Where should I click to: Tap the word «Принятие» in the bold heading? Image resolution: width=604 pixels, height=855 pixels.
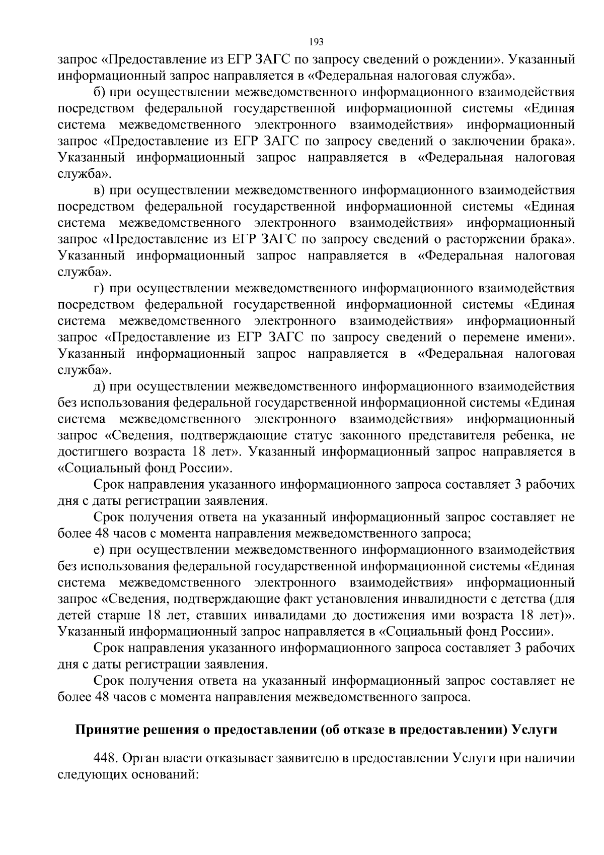click(102, 730)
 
